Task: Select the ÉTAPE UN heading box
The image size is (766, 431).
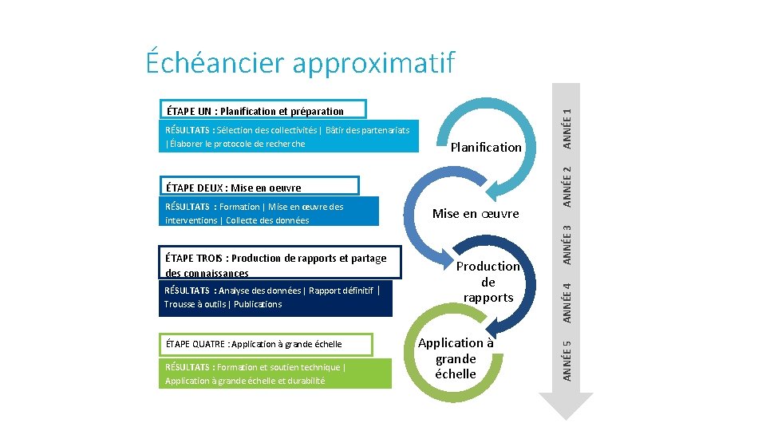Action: tap(264, 110)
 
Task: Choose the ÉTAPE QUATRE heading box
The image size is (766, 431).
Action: tap(266, 344)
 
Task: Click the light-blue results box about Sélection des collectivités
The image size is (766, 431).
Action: tap(288, 136)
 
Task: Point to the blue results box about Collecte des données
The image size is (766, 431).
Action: tap(268, 213)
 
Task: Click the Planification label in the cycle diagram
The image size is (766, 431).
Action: tap(486, 147)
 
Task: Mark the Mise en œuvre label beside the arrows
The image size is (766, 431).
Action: tap(476, 213)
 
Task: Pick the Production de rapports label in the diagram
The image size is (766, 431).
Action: tap(488, 282)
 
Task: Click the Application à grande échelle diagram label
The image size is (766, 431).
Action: tap(456, 358)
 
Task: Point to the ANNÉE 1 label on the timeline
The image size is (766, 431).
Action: tap(567, 128)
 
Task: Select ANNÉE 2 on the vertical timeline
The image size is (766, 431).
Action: tap(567, 184)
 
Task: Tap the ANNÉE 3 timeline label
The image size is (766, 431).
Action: tap(567, 243)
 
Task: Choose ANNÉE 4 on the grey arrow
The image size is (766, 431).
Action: tap(567, 302)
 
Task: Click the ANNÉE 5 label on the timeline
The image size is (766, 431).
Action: tap(567, 360)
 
